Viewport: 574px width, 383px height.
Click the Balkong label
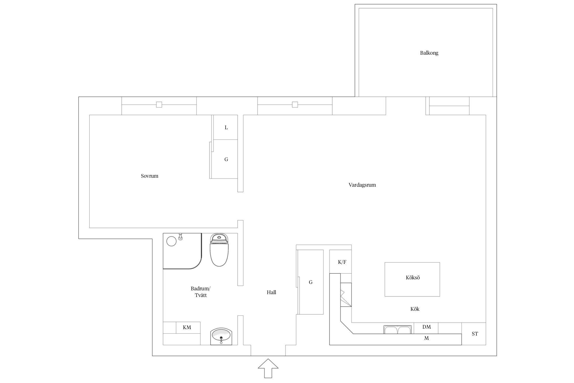point(429,53)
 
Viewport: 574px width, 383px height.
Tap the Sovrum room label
point(149,176)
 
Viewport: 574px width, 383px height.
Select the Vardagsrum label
point(362,185)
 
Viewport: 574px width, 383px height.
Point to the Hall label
point(271,292)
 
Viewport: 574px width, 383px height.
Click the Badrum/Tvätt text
point(201,292)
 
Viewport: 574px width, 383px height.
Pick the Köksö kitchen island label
point(413,278)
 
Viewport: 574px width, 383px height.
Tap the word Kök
point(415,309)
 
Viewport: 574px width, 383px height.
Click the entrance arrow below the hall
point(268,368)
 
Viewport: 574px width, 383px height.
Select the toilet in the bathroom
point(219,250)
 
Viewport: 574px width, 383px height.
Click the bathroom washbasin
point(221,336)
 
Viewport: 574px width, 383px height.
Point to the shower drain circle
point(171,241)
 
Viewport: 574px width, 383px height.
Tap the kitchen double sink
point(398,329)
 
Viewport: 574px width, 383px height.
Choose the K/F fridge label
point(342,262)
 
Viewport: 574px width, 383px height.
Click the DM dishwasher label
point(427,327)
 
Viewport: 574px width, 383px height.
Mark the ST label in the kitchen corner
point(475,334)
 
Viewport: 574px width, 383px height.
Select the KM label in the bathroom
point(187,328)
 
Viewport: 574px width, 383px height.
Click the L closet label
point(226,128)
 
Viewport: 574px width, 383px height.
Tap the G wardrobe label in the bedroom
point(226,160)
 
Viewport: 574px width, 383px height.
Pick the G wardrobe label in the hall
point(311,282)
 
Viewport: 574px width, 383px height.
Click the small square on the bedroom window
point(159,105)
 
